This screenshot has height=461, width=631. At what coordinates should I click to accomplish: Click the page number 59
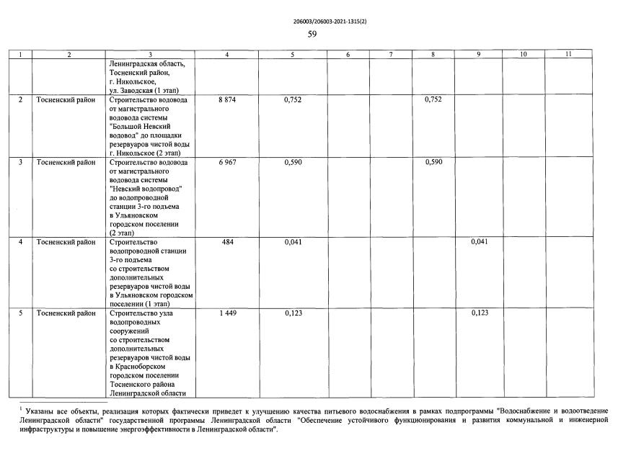(x=312, y=34)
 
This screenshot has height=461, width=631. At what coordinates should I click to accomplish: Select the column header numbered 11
(x=568, y=54)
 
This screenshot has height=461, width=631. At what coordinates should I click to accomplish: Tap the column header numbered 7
(x=390, y=54)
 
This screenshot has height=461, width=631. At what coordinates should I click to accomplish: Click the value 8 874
(x=227, y=100)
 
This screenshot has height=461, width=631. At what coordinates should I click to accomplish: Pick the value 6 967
(x=227, y=163)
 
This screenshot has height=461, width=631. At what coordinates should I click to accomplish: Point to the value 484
(x=227, y=242)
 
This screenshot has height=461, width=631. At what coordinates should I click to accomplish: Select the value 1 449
(x=227, y=314)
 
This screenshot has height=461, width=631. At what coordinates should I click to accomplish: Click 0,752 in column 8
(x=433, y=100)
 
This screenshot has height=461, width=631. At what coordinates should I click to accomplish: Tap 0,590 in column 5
(x=292, y=163)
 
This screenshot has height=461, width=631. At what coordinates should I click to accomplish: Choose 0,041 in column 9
(x=480, y=242)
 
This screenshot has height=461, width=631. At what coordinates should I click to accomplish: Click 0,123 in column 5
(x=292, y=314)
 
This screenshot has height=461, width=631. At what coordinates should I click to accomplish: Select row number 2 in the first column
(x=20, y=100)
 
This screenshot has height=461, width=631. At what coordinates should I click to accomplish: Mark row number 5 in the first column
(x=20, y=314)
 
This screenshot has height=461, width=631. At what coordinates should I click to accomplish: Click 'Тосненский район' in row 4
(x=66, y=242)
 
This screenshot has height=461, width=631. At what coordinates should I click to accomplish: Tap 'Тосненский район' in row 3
(x=66, y=163)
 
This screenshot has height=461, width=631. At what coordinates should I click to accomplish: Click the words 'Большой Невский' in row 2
(x=143, y=126)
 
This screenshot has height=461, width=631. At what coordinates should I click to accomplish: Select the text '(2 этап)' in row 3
(x=123, y=233)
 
